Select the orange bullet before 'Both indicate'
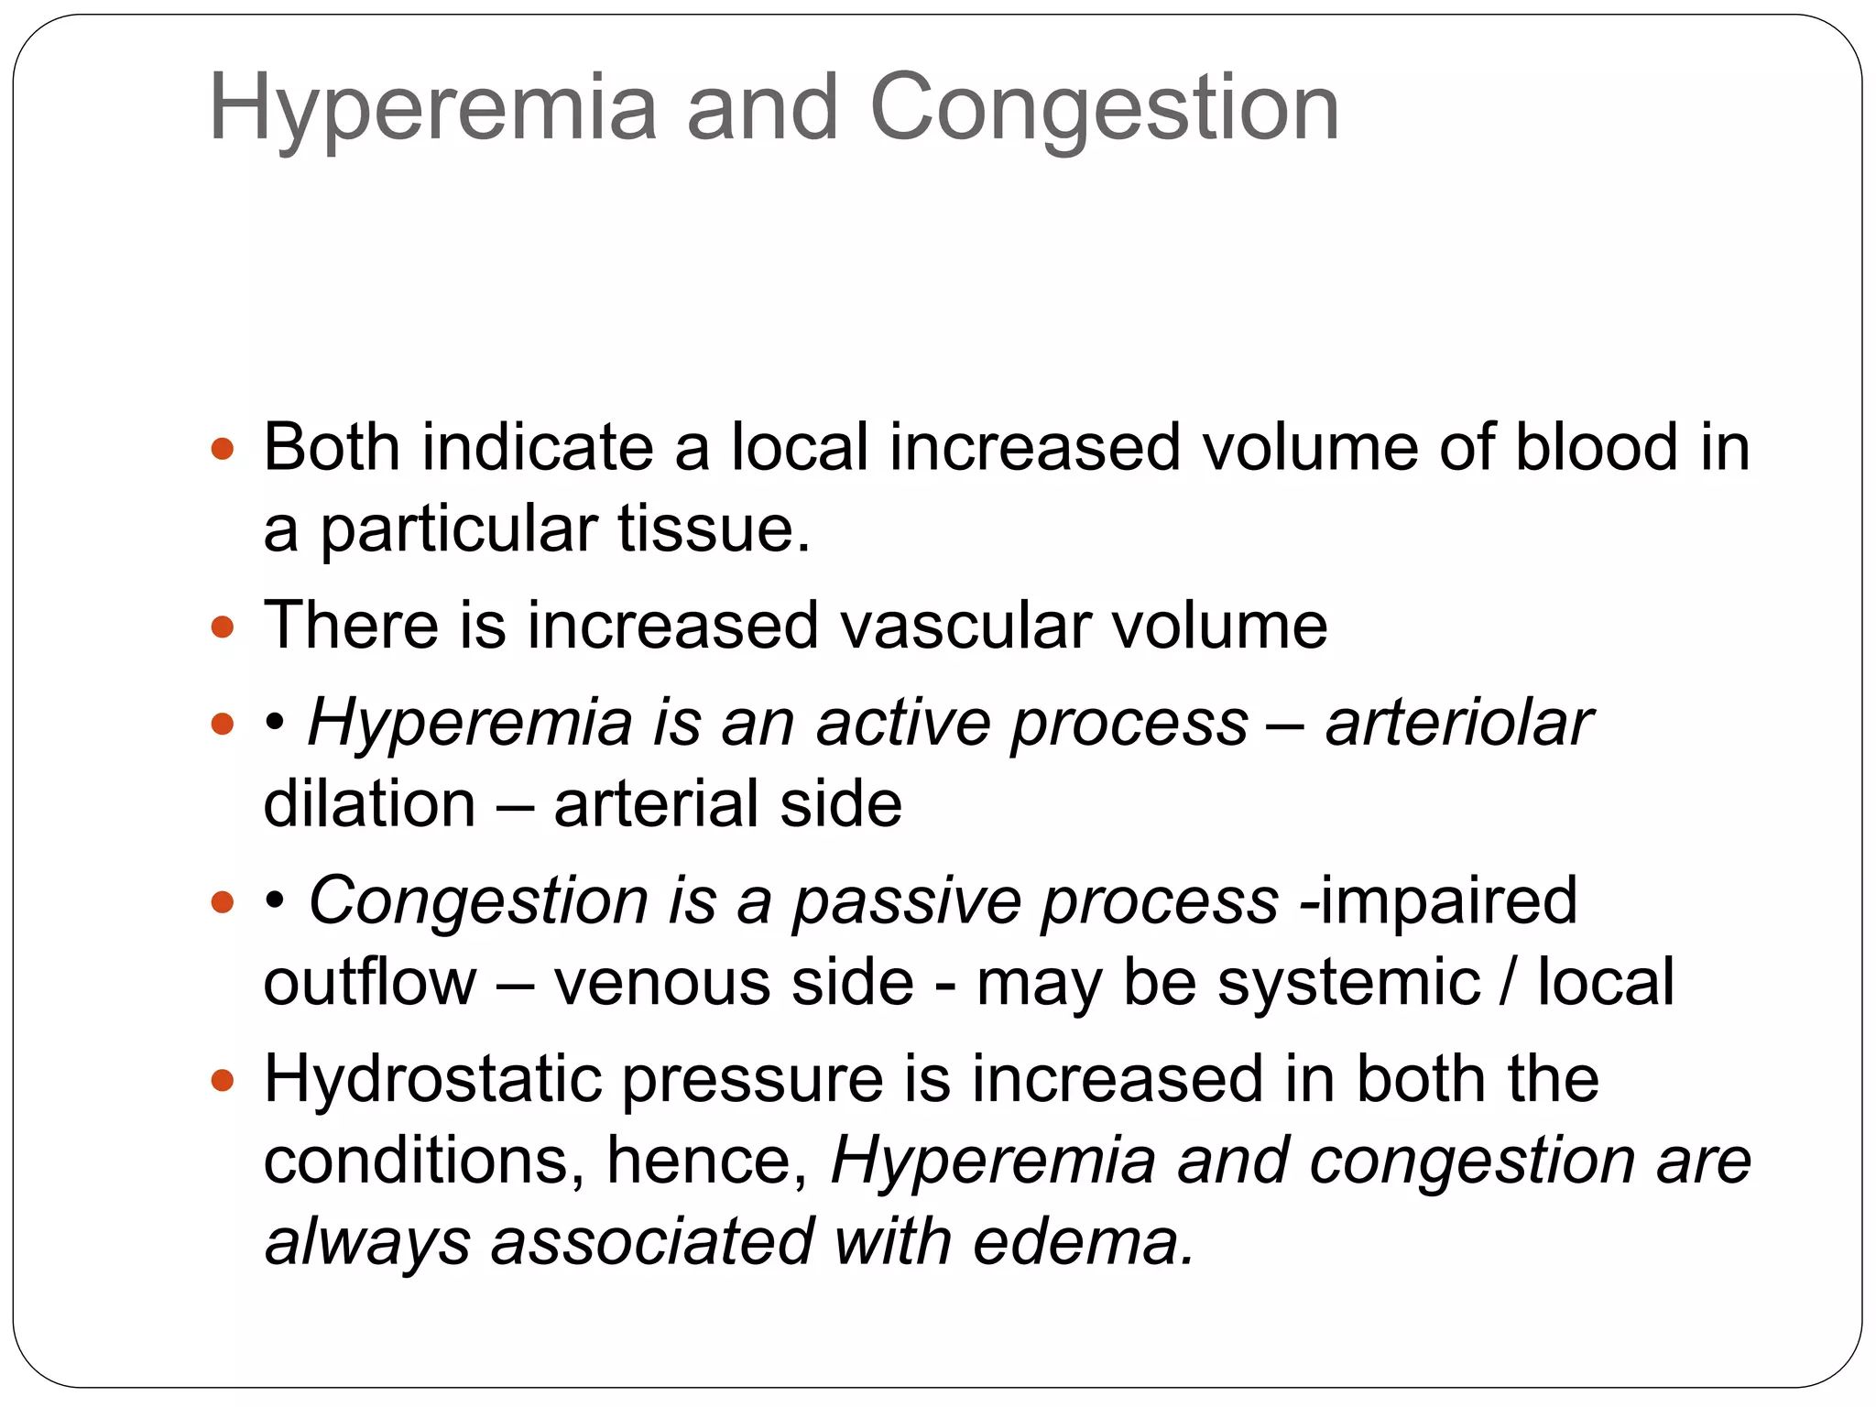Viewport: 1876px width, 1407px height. point(223,450)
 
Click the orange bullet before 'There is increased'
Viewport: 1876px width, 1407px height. point(223,627)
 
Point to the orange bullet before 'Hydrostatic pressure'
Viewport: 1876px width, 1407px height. point(223,1081)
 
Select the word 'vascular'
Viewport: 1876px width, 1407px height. point(965,626)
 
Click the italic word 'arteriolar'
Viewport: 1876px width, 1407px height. point(1458,723)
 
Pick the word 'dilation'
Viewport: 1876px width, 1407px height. point(369,803)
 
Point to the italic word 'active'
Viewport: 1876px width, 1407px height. point(903,723)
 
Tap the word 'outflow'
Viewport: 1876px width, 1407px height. point(370,982)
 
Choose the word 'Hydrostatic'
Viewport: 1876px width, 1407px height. point(432,1079)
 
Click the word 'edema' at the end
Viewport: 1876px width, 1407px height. point(1083,1242)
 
